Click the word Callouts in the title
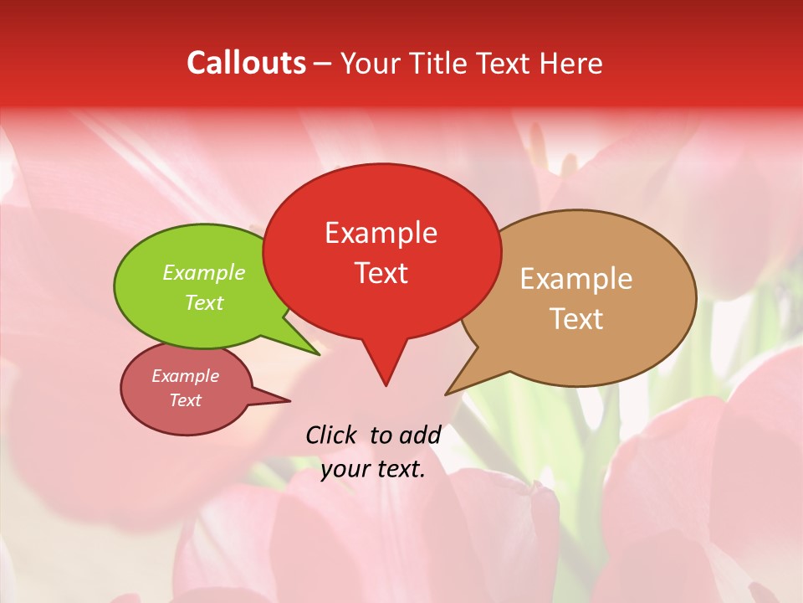click(x=247, y=63)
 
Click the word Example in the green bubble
click(x=204, y=273)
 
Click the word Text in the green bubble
click(x=204, y=302)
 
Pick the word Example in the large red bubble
click(x=381, y=233)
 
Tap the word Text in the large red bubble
click(x=381, y=273)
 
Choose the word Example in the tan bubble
click(x=576, y=279)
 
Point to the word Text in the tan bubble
click(x=576, y=319)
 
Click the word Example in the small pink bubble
click(x=185, y=376)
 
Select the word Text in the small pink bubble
click(x=185, y=400)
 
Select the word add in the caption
click(x=419, y=435)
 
